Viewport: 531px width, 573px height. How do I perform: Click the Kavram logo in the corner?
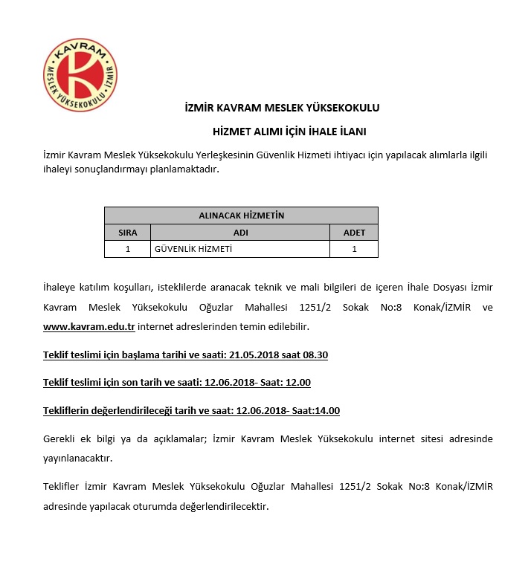80,75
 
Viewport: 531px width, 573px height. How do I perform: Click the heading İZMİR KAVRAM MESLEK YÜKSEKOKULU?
282,108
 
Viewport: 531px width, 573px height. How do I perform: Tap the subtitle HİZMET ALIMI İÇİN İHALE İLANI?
289,132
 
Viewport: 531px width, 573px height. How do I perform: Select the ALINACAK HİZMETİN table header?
241,216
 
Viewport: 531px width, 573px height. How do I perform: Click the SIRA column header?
128,233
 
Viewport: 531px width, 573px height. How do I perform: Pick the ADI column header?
240,233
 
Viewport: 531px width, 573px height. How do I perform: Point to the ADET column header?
354,233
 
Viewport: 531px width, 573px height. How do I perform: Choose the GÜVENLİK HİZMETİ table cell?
193,249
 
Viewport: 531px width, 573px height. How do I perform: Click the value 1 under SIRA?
128,249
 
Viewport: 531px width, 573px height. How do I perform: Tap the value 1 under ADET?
354,249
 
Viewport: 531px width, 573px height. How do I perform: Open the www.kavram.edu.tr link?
89,327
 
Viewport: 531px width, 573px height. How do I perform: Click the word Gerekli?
62,439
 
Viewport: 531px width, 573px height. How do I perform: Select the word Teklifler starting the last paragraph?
63,487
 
